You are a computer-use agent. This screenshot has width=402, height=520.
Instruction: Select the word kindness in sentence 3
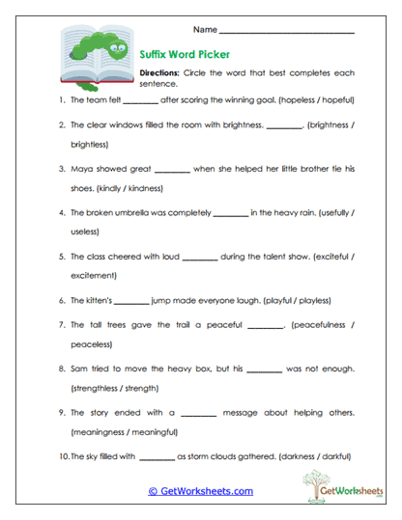tap(142, 188)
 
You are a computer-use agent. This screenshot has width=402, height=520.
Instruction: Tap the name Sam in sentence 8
tap(80, 369)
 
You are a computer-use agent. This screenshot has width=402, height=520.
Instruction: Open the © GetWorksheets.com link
tap(200, 491)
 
